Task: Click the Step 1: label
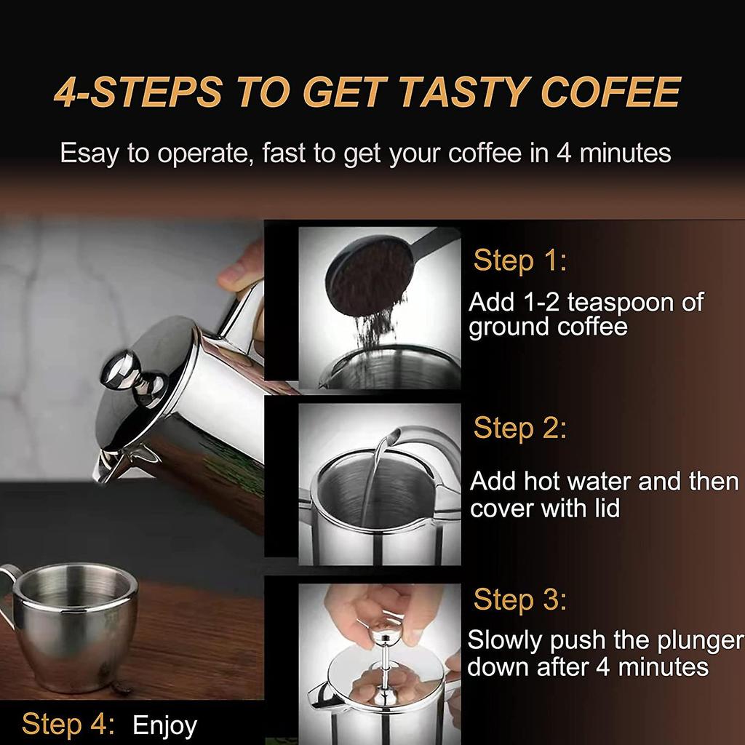[519, 261]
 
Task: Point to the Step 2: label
[519, 429]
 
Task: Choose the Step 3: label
[519, 600]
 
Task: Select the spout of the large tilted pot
[105, 466]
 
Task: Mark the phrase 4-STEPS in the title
[138, 93]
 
